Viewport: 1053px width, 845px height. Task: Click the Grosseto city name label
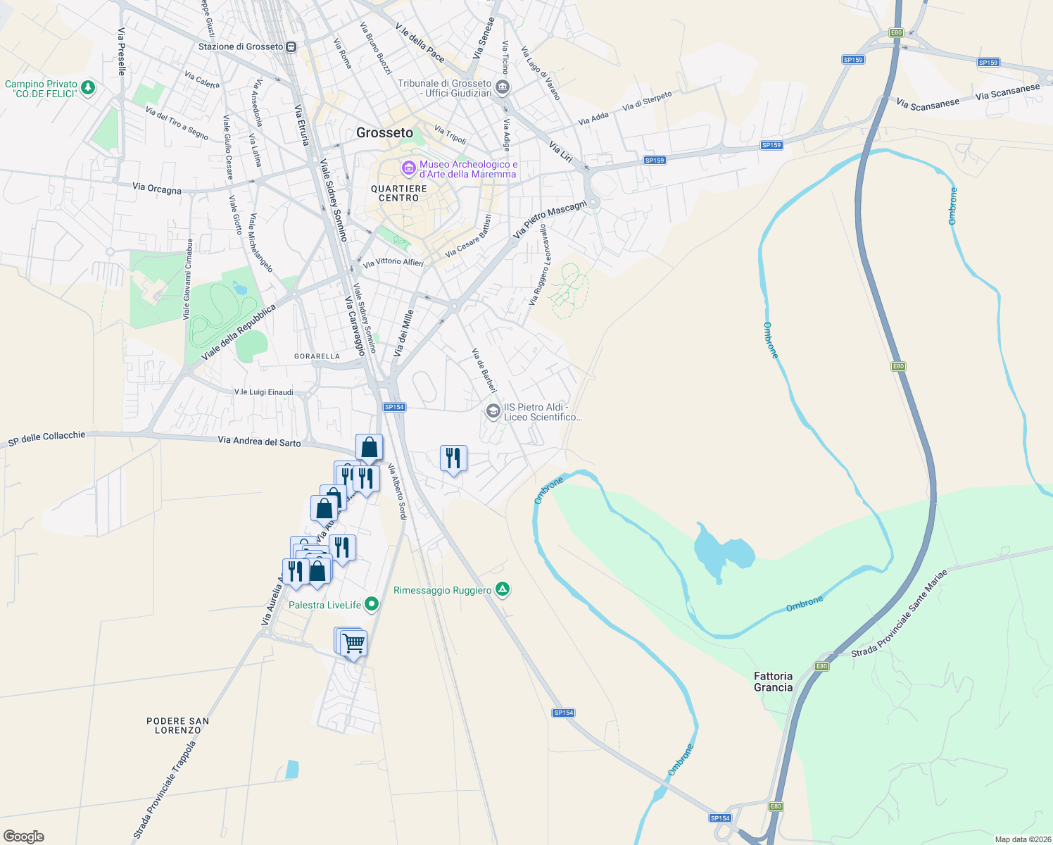(x=384, y=132)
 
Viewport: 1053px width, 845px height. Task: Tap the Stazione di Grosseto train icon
(x=291, y=47)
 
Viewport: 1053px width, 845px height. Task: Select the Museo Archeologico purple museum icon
(x=408, y=169)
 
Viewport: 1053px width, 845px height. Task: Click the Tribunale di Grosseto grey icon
(x=502, y=88)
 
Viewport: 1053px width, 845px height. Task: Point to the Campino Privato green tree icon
(x=87, y=88)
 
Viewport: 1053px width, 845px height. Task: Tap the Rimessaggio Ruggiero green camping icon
(x=502, y=589)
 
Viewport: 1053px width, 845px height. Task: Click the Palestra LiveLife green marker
(x=372, y=604)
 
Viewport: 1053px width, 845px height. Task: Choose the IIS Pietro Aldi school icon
(x=493, y=411)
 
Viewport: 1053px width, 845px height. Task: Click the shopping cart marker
(x=353, y=642)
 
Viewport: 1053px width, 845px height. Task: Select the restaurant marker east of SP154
(x=453, y=458)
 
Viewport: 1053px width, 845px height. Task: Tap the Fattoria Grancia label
(x=773, y=682)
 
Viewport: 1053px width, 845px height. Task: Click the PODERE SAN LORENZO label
(x=178, y=725)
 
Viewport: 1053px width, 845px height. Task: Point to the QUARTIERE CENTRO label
(x=399, y=193)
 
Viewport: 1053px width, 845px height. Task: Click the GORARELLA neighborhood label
(x=317, y=356)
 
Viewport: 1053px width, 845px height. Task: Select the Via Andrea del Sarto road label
(x=259, y=442)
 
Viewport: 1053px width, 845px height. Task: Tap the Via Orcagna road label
(x=157, y=188)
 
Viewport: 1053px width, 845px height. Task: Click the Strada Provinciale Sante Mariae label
(x=899, y=614)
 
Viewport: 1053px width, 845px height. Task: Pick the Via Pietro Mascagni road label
(x=550, y=219)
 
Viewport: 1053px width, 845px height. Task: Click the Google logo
(x=24, y=836)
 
